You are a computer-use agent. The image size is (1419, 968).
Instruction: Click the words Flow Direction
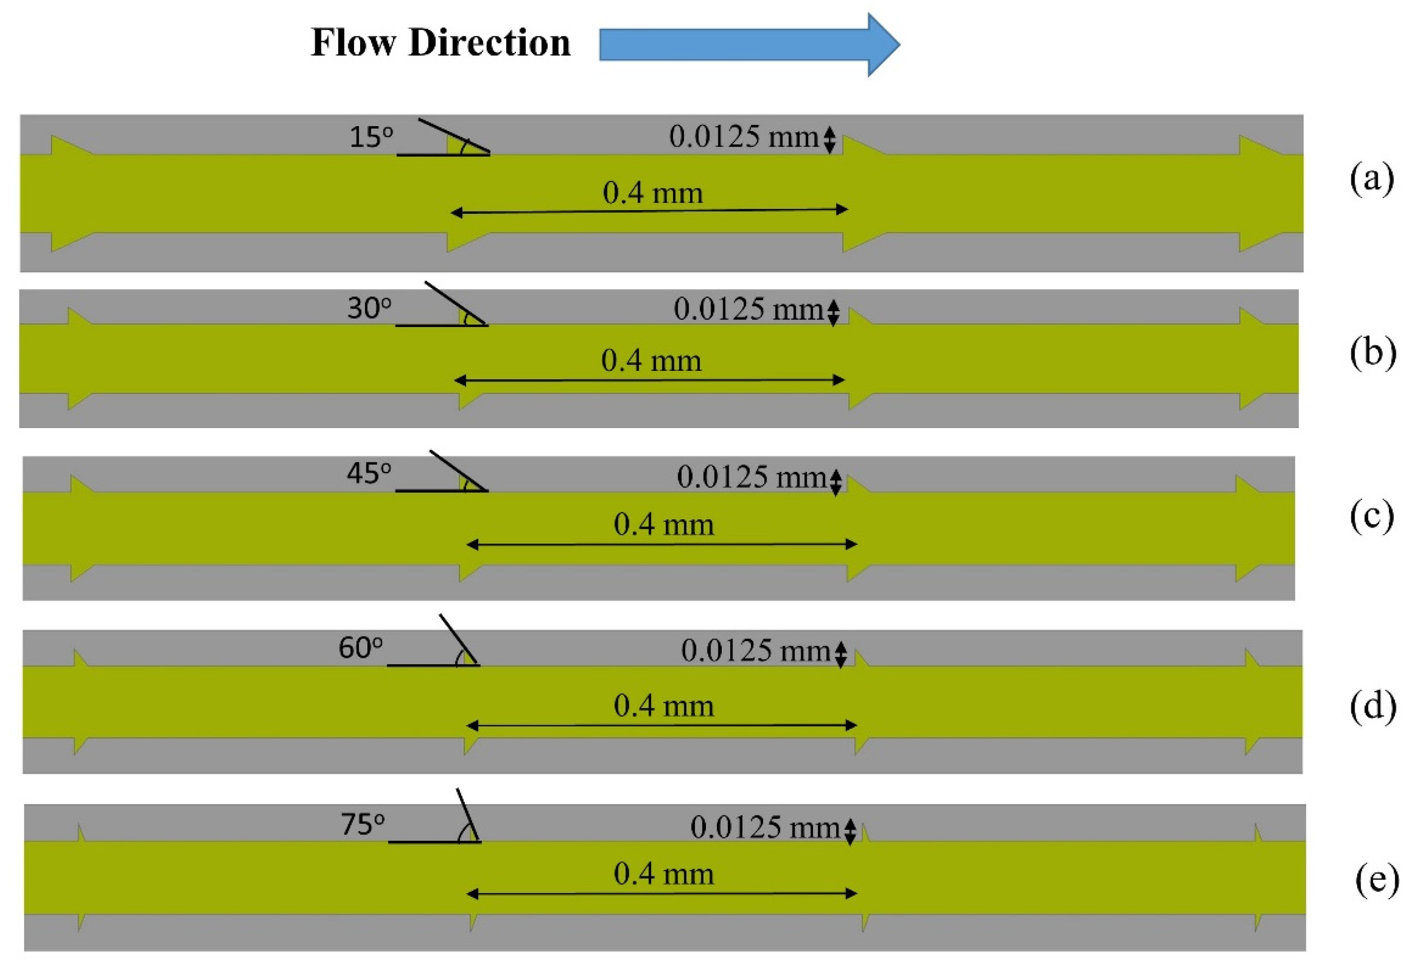(440, 43)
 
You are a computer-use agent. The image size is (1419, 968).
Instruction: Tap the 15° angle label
(371, 137)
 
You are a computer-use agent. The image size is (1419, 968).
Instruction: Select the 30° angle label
(369, 308)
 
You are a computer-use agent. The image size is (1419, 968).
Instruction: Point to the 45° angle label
(369, 473)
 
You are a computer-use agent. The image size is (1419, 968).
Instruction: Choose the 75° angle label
(362, 824)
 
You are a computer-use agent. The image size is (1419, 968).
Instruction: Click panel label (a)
(1372, 179)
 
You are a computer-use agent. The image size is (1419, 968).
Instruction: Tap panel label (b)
(1372, 353)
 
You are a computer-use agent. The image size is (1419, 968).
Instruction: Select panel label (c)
(1372, 516)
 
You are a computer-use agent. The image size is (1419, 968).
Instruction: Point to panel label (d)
(1372, 706)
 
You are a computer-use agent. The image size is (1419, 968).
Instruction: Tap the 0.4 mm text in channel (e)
(664, 874)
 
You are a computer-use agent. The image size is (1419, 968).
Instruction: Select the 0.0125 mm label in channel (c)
(751, 477)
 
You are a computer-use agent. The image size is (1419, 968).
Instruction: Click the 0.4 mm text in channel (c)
(664, 524)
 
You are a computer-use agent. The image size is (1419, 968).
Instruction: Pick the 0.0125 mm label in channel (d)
(755, 650)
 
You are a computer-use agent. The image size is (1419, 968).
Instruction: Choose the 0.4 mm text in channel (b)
(651, 360)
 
